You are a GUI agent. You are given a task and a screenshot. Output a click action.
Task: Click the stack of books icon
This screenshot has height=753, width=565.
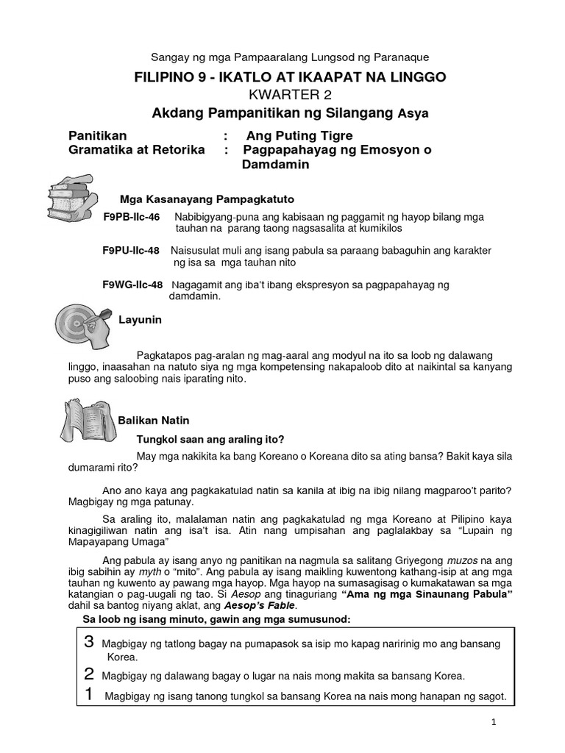(71, 195)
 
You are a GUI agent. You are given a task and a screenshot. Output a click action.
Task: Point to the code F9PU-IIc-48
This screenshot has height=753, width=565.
(131, 251)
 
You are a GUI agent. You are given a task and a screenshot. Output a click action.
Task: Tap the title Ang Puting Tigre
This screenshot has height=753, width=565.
(299, 135)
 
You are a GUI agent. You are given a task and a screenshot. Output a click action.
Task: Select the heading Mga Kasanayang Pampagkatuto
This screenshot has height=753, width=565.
(207, 199)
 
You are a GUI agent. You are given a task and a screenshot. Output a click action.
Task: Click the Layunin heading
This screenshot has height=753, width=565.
(141, 320)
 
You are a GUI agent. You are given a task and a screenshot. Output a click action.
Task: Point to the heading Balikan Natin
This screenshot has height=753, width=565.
(154, 421)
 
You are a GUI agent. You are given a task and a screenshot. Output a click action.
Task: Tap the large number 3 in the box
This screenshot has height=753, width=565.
(89, 642)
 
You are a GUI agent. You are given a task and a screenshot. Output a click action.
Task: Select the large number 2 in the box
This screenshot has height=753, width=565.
(89, 674)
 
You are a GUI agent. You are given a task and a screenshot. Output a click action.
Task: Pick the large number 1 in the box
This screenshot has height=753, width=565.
(89, 694)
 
